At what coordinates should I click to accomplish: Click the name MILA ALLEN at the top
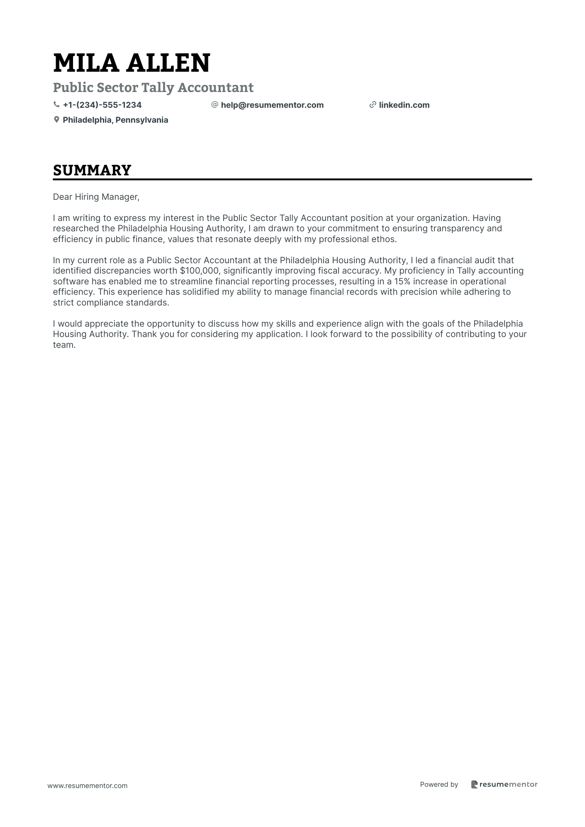tap(132, 63)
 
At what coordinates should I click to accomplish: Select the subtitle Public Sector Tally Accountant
tap(153, 87)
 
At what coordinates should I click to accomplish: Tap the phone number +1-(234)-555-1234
tap(102, 105)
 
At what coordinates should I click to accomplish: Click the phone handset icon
tap(56, 105)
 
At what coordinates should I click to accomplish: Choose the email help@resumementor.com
tap(272, 105)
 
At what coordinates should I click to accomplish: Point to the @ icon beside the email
tap(214, 105)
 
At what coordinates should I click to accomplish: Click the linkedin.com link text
tap(404, 105)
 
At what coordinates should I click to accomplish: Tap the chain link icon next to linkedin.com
tap(373, 105)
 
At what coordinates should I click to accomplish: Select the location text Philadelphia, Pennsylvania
tap(115, 120)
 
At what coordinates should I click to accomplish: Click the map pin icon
tap(56, 120)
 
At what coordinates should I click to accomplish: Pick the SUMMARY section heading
tap(92, 170)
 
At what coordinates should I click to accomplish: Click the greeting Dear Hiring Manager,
tap(96, 197)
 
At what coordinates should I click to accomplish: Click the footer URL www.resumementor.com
tap(88, 786)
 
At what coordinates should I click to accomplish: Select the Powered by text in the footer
tap(439, 784)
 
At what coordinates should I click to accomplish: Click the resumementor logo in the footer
tap(505, 784)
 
